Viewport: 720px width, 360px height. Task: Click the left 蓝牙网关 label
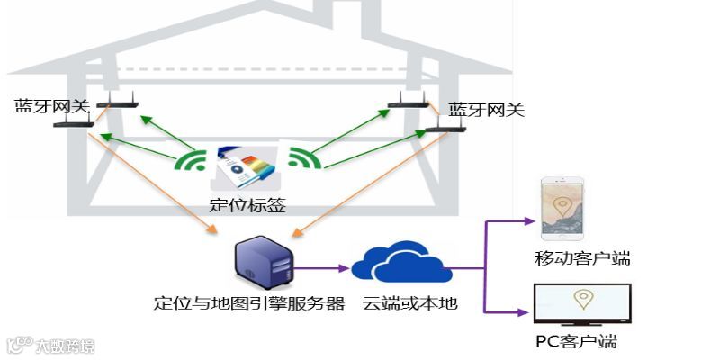tap(52, 105)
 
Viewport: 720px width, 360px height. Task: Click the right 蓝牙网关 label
tap(486, 110)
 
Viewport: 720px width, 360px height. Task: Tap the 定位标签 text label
tap(247, 205)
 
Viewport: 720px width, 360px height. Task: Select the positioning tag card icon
tap(244, 168)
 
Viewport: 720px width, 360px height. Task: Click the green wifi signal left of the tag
tap(192, 162)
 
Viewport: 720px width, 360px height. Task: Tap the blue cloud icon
tap(400, 261)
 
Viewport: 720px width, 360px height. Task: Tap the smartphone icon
tap(562, 211)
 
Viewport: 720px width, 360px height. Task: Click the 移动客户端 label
tap(582, 259)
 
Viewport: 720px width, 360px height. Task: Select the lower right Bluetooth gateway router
tap(445, 129)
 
